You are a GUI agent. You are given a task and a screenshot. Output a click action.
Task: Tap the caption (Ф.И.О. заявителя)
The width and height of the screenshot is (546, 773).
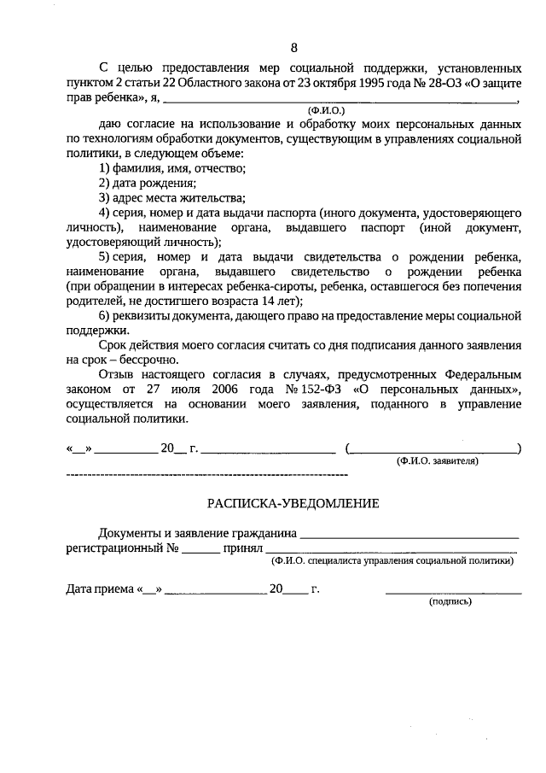coord(437,460)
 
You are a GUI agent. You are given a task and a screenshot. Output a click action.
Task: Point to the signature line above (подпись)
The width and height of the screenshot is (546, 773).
coord(453,592)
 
